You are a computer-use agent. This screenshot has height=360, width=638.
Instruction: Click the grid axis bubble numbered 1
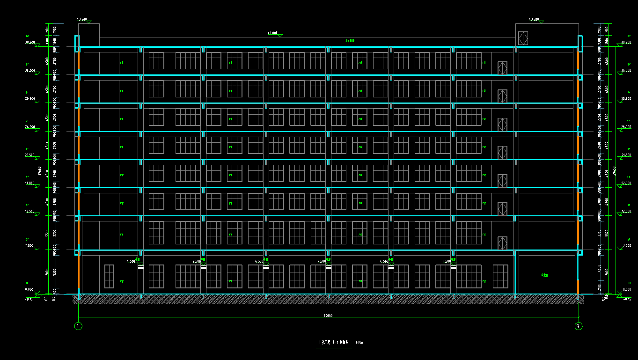[78, 326]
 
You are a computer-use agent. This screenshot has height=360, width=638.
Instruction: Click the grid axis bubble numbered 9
[579, 326]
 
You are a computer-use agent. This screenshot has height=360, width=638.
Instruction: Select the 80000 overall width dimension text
[328, 316]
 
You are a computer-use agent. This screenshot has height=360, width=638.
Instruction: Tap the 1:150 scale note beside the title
[359, 343]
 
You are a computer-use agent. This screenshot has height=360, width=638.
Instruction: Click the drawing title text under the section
[334, 342]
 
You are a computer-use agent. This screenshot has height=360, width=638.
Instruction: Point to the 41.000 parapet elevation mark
[272, 33]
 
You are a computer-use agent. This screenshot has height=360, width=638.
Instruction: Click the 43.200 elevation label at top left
[81, 20]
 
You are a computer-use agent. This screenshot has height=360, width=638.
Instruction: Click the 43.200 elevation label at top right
[533, 20]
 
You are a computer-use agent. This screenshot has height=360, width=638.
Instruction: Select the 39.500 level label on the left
[30, 42]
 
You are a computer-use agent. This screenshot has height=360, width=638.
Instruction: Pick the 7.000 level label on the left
[30, 245]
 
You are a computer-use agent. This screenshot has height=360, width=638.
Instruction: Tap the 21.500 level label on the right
[626, 155]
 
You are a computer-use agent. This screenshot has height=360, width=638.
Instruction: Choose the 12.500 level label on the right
[626, 212]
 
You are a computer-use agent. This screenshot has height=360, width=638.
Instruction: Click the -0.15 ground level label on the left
[29, 298]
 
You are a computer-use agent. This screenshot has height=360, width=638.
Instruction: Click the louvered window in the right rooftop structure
[523, 38]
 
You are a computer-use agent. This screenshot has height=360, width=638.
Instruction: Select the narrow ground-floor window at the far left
[109, 276]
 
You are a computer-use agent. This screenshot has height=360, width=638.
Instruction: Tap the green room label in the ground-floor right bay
[544, 275]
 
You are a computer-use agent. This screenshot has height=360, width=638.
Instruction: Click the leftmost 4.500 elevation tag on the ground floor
[131, 261]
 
